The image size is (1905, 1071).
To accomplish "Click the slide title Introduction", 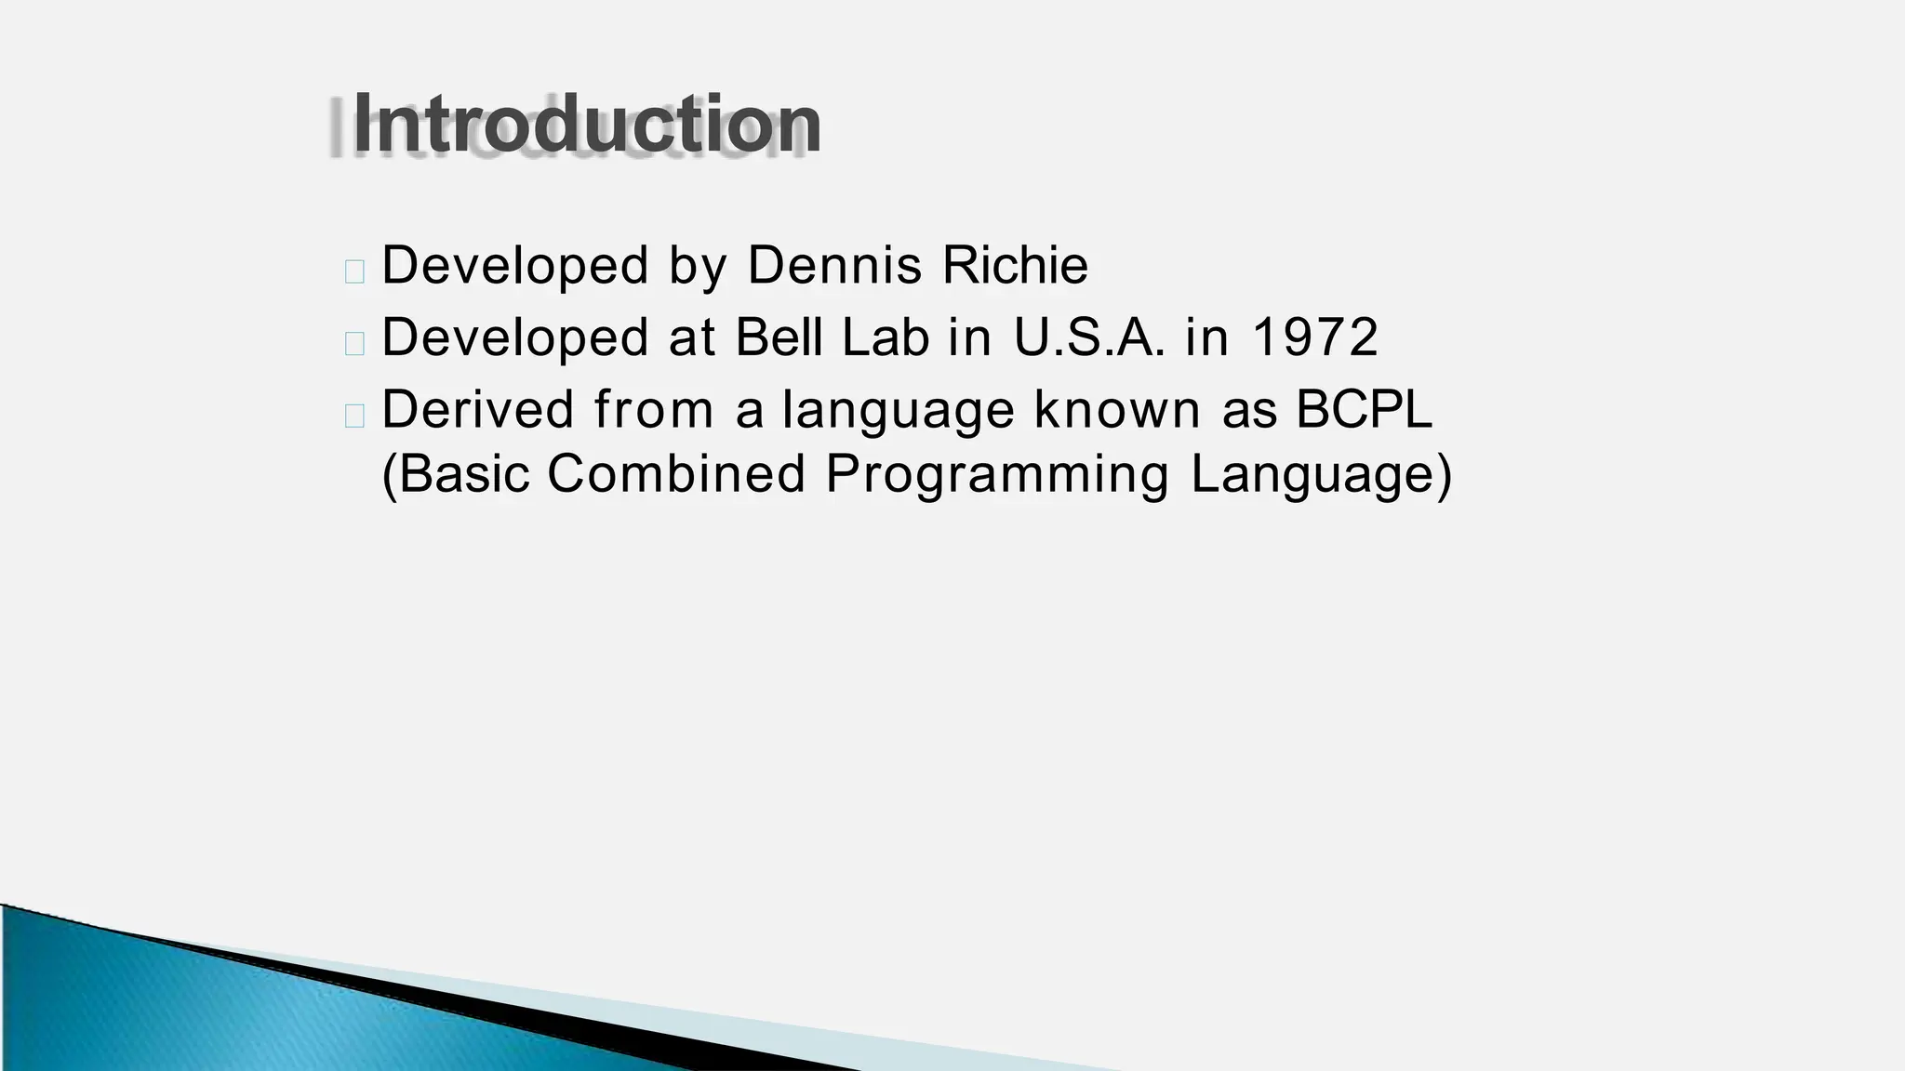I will pyautogui.click(x=587, y=125).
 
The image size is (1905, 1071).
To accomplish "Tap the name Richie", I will pyautogui.click(x=1015, y=266).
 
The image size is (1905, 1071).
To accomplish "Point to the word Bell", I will pyautogui.click(x=779, y=337).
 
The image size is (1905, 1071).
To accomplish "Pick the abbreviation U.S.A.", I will pyautogui.click(x=1089, y=337).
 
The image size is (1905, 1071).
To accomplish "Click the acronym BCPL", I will pyautogui.click(x=1364, y=409).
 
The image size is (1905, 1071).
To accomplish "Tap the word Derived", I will pyautogui.click(x=478, y=409).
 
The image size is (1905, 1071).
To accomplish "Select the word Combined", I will pyautogui.click(x=675, y=474).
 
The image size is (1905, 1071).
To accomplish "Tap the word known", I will pyautogui.click(x=1117, y=409).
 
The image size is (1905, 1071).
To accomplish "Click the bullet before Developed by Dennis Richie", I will pyautogui.click(x=353, y=271).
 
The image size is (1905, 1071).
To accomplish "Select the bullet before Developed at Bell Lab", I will pyautogui.click(x=353, y=343).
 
